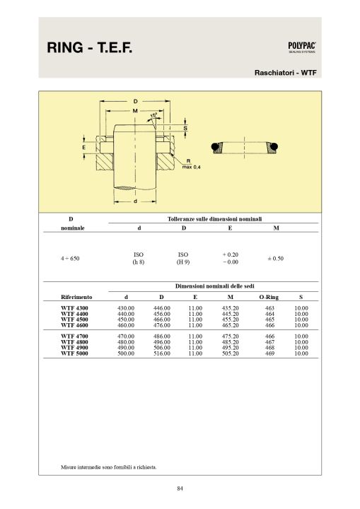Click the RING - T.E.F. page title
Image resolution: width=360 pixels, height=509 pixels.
[x=89, y=48]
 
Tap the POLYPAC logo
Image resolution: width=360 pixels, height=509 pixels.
[x=302, y=47]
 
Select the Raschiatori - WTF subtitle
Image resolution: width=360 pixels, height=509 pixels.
[x=285, y=73]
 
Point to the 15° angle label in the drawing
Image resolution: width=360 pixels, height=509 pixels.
[x=153, y=115]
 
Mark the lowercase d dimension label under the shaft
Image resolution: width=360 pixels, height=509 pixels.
[x=135, y=201]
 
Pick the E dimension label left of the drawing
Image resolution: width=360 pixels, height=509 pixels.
[x=84, y=147]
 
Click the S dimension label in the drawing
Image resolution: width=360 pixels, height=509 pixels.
[x=185, y=128]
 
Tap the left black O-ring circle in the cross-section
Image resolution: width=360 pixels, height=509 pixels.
[x=214, y=147]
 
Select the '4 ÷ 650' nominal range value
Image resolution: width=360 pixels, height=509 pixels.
[x=70, y=259]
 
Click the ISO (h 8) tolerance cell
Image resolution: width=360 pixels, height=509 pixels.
[x=139, y=258]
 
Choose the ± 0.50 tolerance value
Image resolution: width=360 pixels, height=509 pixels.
[x=275, y=259]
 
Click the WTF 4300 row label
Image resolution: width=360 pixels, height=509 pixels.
[x=74, y=308]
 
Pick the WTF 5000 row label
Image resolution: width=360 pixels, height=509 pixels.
[x=74, y=353]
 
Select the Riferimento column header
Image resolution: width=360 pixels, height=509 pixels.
[x=76, y=297]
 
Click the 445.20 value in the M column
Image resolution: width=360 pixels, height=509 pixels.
[x=231, y=314]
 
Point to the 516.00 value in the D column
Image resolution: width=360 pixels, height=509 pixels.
[x=162, y=353]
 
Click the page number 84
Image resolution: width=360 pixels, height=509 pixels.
[x=180, y=488]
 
